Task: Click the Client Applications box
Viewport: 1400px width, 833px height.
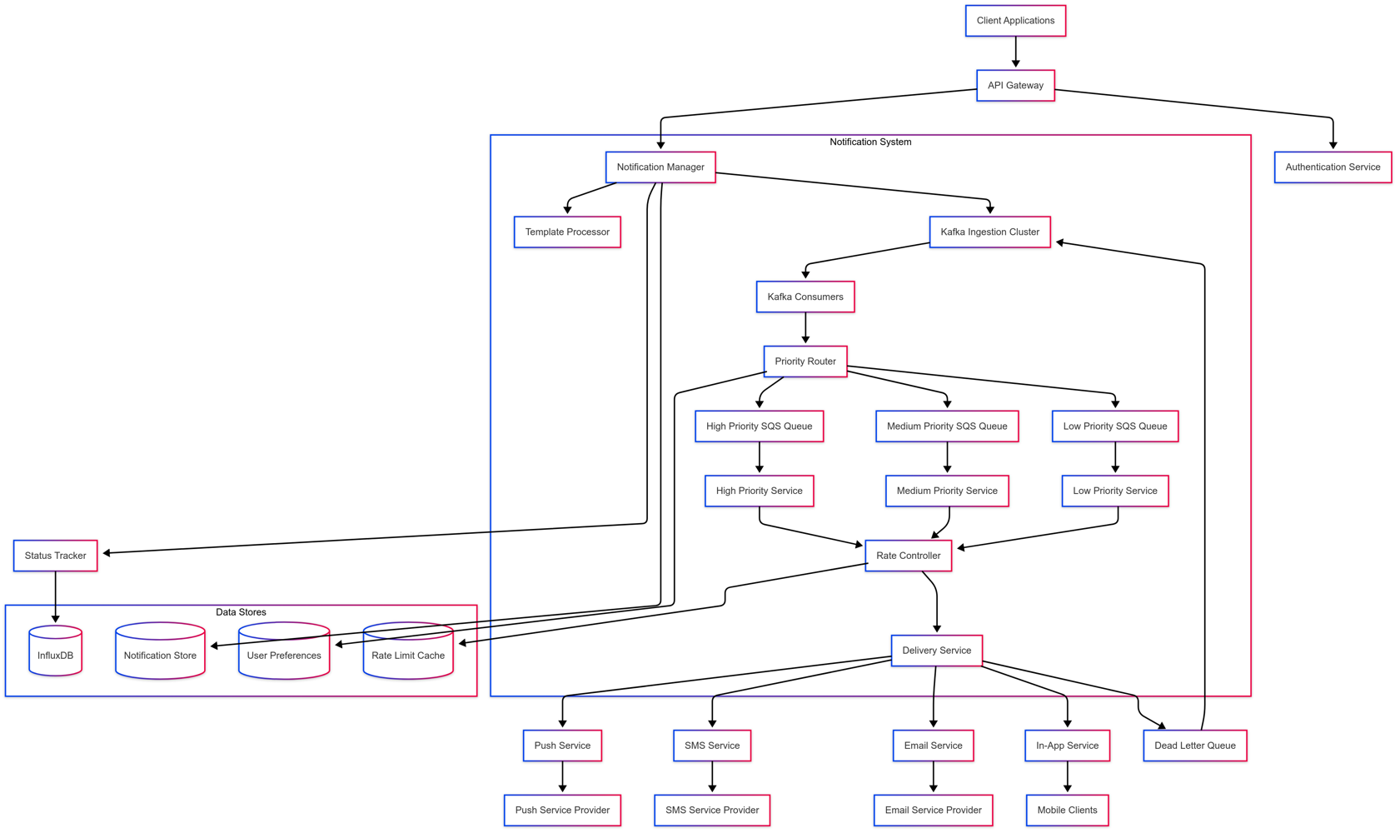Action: (x=1014, y=21)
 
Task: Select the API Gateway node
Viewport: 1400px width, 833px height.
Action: (x=1014, y=85)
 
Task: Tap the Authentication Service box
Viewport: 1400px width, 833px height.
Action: (x=1332, y=167)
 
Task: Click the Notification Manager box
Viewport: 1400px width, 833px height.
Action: (x=660, y=167)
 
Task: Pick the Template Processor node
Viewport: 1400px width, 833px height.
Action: (x=566, y=232)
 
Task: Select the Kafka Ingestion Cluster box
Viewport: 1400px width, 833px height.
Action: (x=989, y=232)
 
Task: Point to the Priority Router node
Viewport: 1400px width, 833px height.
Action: (x=805, y=362)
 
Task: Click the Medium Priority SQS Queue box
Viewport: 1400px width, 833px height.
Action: (x=946, y=426)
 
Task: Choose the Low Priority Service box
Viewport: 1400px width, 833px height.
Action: (x=1114, y=491)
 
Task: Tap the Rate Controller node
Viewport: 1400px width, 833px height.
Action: (x=907, y=556)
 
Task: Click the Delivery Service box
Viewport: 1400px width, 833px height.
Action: (x=935, y=651)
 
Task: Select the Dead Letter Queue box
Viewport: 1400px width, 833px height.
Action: (x=1193, y=746)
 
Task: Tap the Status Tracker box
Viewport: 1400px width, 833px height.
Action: (x=55, y=556)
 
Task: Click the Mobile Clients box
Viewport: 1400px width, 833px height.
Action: (x=1066, y=810)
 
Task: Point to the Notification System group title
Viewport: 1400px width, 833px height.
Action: (x=869, y=142)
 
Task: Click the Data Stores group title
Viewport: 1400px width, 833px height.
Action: (x=241, y=612)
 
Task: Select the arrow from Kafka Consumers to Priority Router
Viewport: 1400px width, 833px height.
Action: (x=805, y=328)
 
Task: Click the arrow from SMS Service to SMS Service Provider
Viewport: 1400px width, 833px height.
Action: (x=711, y=776)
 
